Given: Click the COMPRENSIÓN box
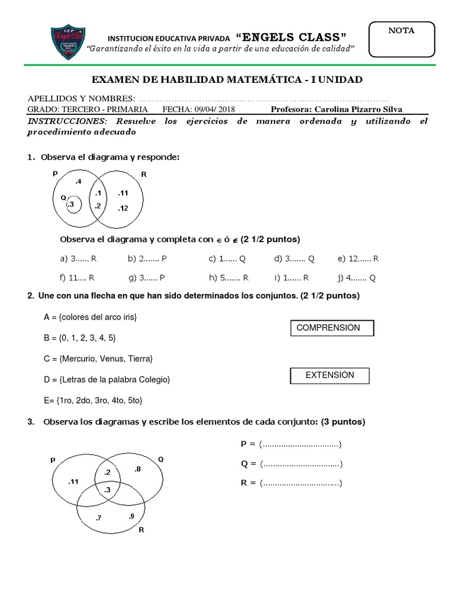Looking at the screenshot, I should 332,328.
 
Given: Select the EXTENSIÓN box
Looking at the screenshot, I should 329,375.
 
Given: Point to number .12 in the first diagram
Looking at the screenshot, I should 123,208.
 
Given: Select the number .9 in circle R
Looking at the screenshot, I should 131,516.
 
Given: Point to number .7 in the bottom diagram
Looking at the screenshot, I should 98,518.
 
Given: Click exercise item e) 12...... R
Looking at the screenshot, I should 358,259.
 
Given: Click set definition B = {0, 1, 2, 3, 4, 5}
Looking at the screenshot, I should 80,338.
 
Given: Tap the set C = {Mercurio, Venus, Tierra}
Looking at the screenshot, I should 98,359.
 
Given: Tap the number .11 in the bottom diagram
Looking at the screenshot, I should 73,481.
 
